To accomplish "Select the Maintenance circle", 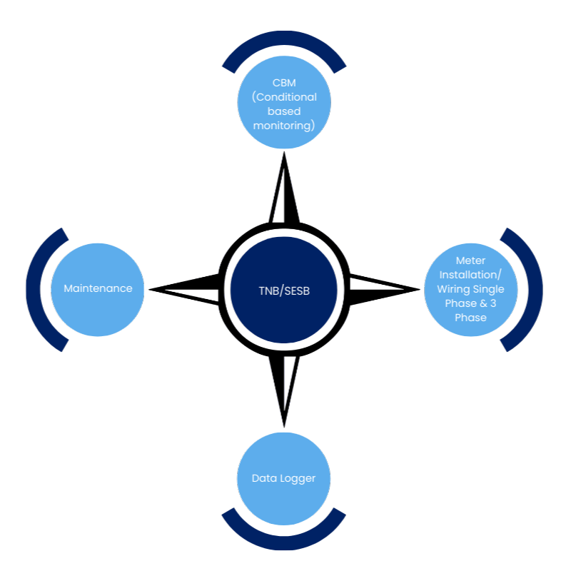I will tap(98, 314).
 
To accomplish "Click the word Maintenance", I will tap(98, 289).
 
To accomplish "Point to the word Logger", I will tap(299, 478).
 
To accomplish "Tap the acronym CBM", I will tap(284, 83).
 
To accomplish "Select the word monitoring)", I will tap(284, 126).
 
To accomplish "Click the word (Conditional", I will tap(284, 97).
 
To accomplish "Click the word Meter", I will tap(470, 261).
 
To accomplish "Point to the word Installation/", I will tap(470, 275).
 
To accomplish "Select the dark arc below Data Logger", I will tap(284, 542).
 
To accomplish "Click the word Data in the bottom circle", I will tap(264, 478).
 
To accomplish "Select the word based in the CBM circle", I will tap(284, 111).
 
